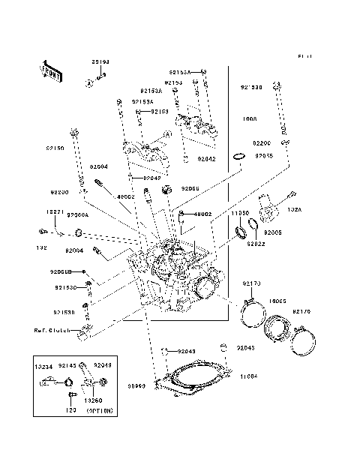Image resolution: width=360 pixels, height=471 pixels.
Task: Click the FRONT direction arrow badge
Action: pyautogui.click(x=49, y=70)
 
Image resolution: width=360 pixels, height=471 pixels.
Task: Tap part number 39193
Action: pyautogui.click(x=101, y=62)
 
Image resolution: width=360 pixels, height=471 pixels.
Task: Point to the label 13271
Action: pyautogui.click(x=44, y=211)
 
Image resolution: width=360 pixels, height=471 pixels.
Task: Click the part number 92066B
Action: pyautogui.click(x=61, y=271)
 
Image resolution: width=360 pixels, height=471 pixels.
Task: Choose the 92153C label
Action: pyautogui.click(x=65, y=287)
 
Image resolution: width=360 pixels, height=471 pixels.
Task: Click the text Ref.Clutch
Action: pyautogui.click(x=52, y=331)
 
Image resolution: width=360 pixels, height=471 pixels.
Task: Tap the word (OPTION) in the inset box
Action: pyautogui.click(x=100, y=411)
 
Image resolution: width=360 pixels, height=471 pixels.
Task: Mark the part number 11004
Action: pyautogui.click(x=248, y=376)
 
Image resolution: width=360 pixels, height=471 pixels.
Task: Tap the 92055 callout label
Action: pyautogui.click(x=264, y=155)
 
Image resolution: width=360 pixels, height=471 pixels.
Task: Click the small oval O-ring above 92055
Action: pyautogui.click(x=238, y=156)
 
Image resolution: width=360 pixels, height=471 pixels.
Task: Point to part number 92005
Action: pyautogui.click(x=272, y=233)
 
